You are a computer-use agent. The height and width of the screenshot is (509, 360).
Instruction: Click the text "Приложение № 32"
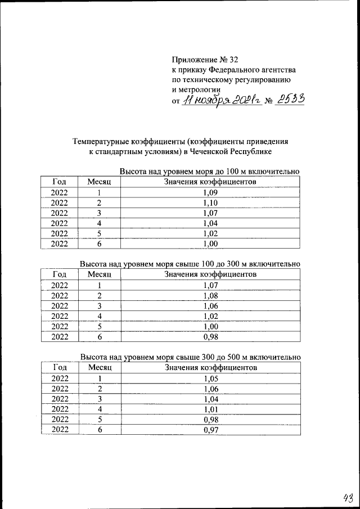point(209,59)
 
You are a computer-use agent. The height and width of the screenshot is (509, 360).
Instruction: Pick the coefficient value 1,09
point(210,192)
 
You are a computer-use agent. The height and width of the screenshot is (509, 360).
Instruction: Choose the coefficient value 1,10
point(210,202)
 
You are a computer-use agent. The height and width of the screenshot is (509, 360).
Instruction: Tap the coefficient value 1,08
point(210,296)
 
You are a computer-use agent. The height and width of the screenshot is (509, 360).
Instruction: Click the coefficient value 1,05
point(210,379)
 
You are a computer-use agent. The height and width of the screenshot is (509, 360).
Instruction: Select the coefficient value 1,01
point(210,409)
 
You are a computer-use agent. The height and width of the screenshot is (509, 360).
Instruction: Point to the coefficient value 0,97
point(210,430)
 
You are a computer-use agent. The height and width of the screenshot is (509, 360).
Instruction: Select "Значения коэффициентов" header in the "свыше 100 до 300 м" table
point(210,274)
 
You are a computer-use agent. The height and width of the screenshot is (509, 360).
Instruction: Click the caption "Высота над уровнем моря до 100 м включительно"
point(209,171)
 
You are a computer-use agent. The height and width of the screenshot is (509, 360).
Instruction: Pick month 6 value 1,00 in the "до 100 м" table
point(210,244)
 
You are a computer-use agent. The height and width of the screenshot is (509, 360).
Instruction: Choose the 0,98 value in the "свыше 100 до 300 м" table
point(210,337)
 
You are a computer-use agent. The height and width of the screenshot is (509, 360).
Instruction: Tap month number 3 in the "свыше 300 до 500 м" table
point(100,399)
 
